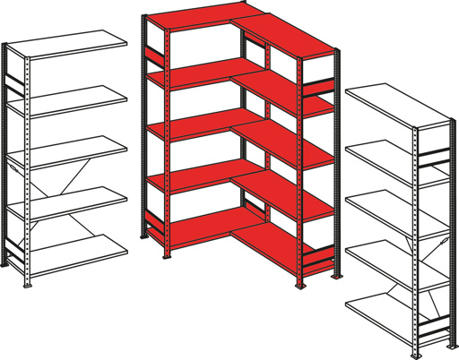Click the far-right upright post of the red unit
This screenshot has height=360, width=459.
click(x=338, y=161)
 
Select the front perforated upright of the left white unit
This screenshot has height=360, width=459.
click(x=30, y=170)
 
